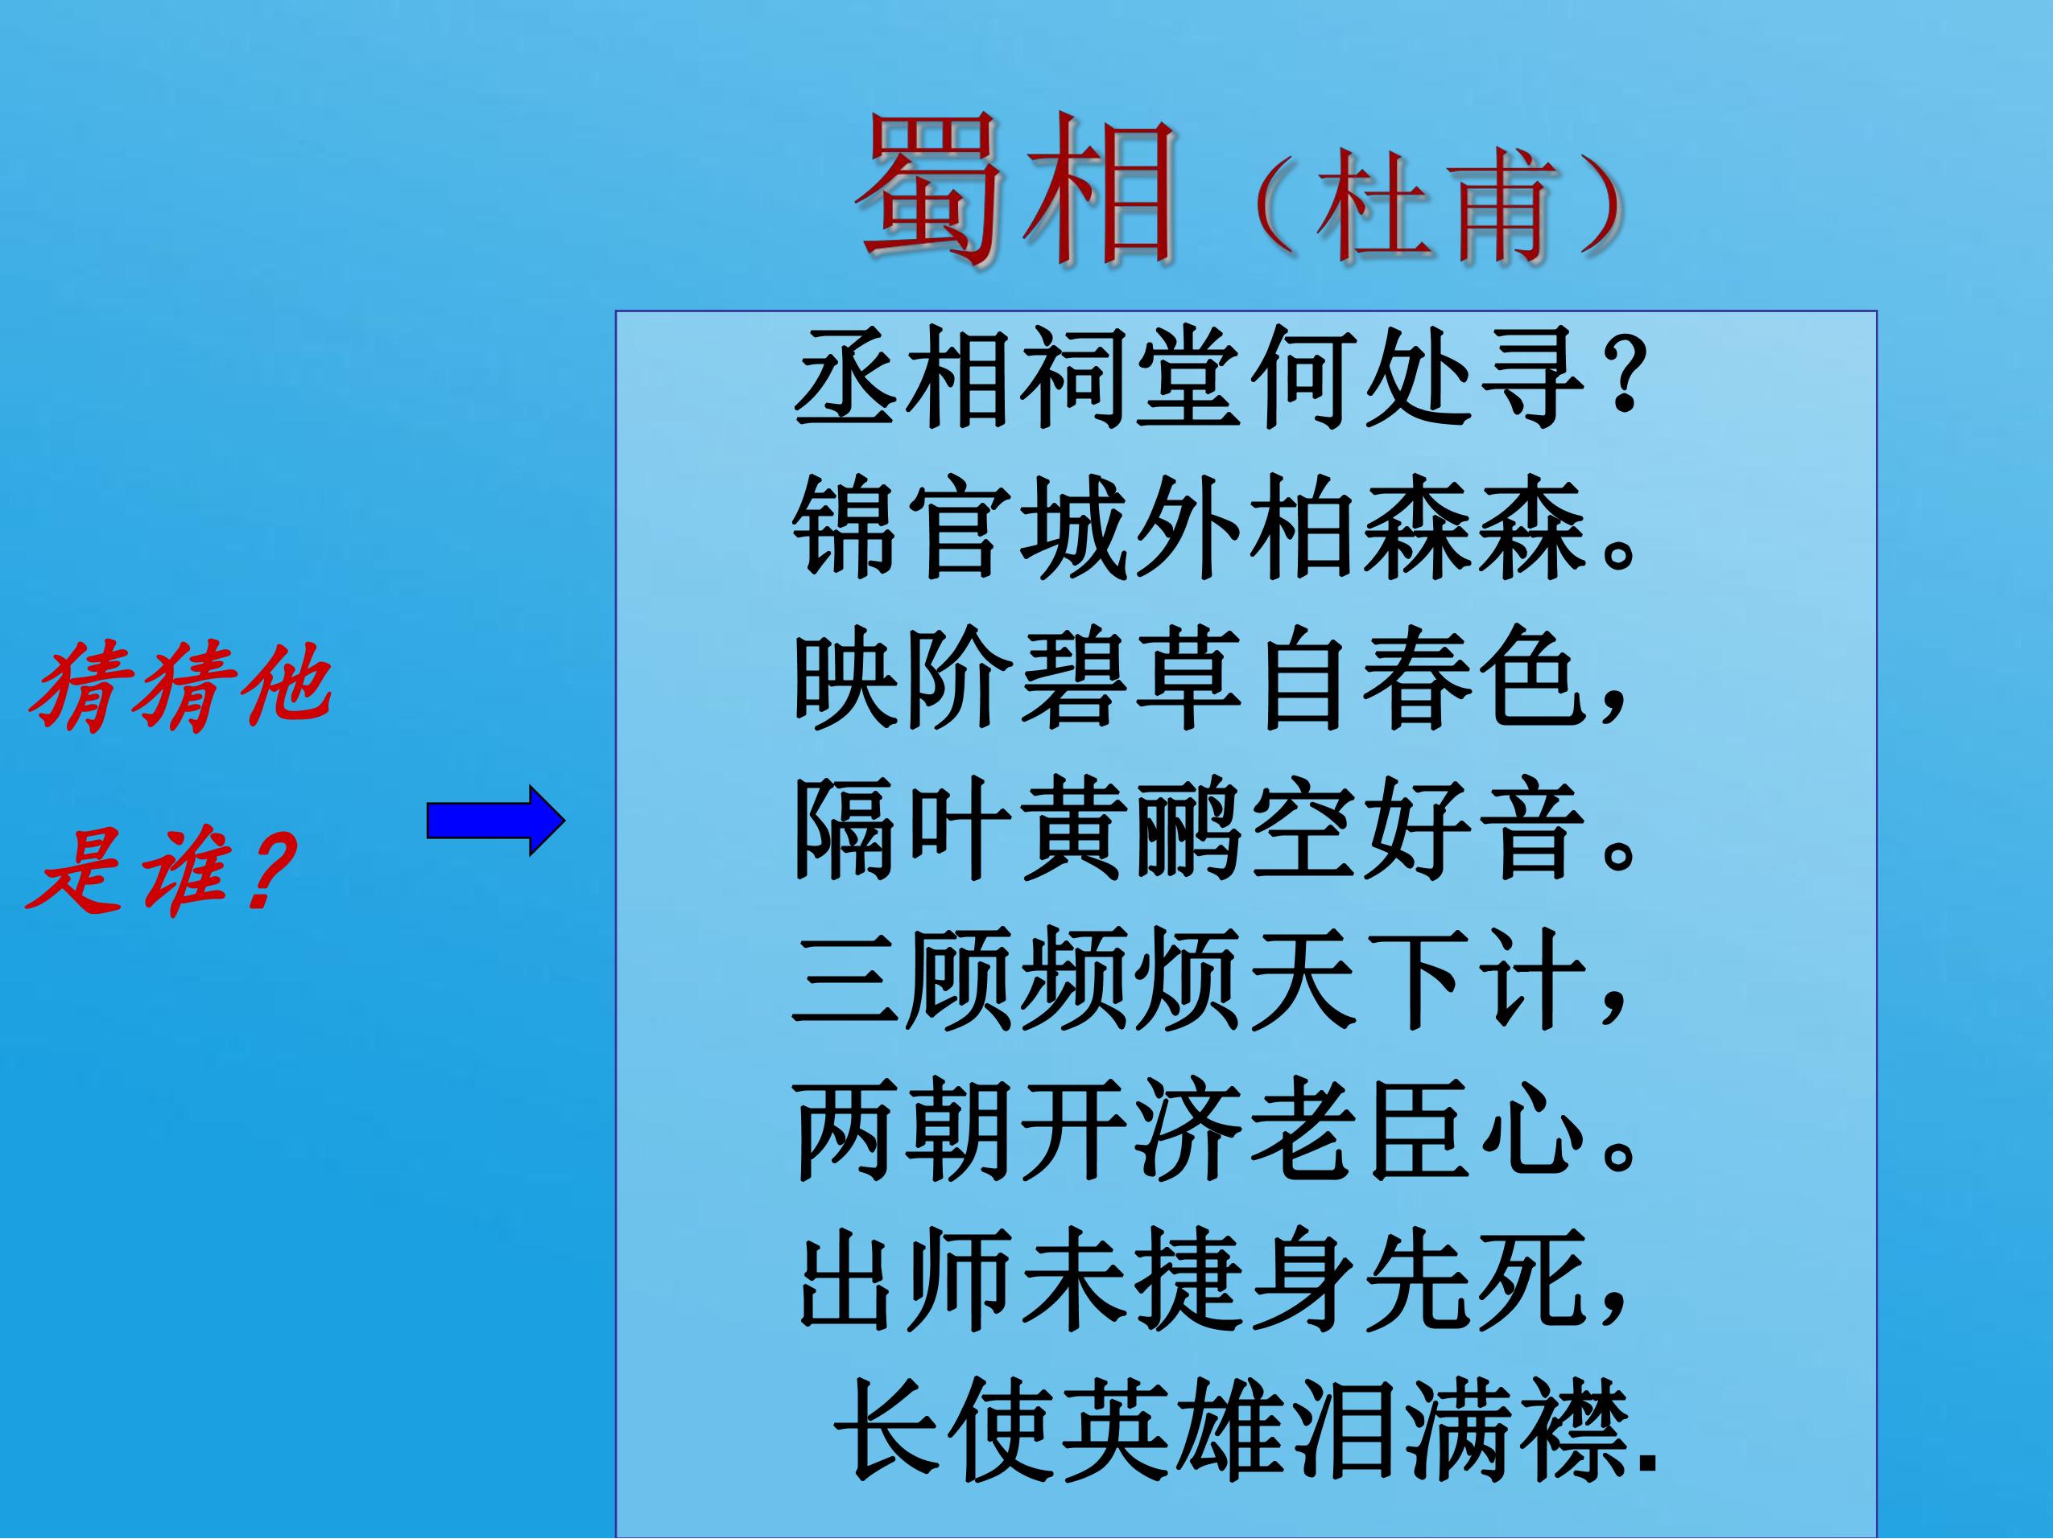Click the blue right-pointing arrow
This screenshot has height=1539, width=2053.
click(496, 820)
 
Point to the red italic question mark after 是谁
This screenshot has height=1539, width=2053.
click(262, 870)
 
